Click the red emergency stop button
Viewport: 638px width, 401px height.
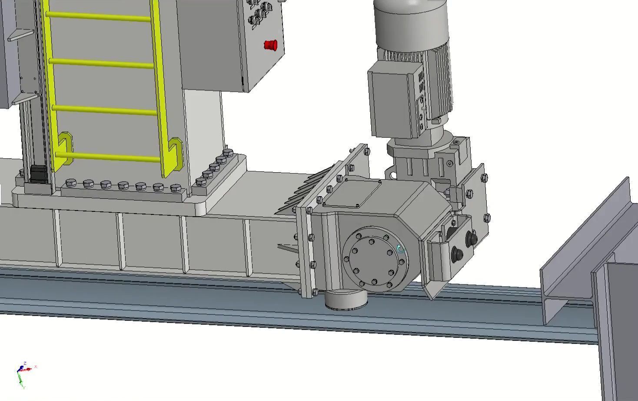(270, 45)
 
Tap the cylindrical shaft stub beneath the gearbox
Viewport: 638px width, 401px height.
(346, 300)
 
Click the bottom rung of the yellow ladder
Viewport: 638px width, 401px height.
(109, 157)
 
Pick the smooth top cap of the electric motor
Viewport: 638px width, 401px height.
(411, 22)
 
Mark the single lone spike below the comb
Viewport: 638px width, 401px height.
(287, 248)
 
